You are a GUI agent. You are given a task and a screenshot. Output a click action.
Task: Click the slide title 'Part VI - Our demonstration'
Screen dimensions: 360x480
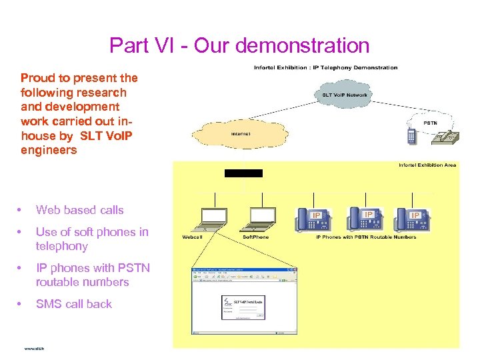tap(239, 45)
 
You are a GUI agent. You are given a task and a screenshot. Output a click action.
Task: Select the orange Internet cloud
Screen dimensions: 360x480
tap(240, 133)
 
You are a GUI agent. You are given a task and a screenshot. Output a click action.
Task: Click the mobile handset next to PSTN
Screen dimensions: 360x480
tap(411, 136)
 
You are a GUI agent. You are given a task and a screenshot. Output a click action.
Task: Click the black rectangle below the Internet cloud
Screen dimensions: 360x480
tap(243, 173)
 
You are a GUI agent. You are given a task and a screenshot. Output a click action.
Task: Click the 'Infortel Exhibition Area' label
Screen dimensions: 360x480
tap(427, 165)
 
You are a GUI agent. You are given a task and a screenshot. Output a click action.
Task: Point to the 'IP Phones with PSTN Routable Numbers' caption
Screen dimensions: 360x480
tap(365, 237)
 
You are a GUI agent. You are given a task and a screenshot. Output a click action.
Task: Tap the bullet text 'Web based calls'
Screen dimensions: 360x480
tap(79, 210)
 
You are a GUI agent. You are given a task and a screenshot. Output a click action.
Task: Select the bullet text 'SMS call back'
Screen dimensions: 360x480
tap(73, 304)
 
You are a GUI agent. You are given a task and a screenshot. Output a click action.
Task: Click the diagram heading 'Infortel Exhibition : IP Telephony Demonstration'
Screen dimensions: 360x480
tap(325, 67)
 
